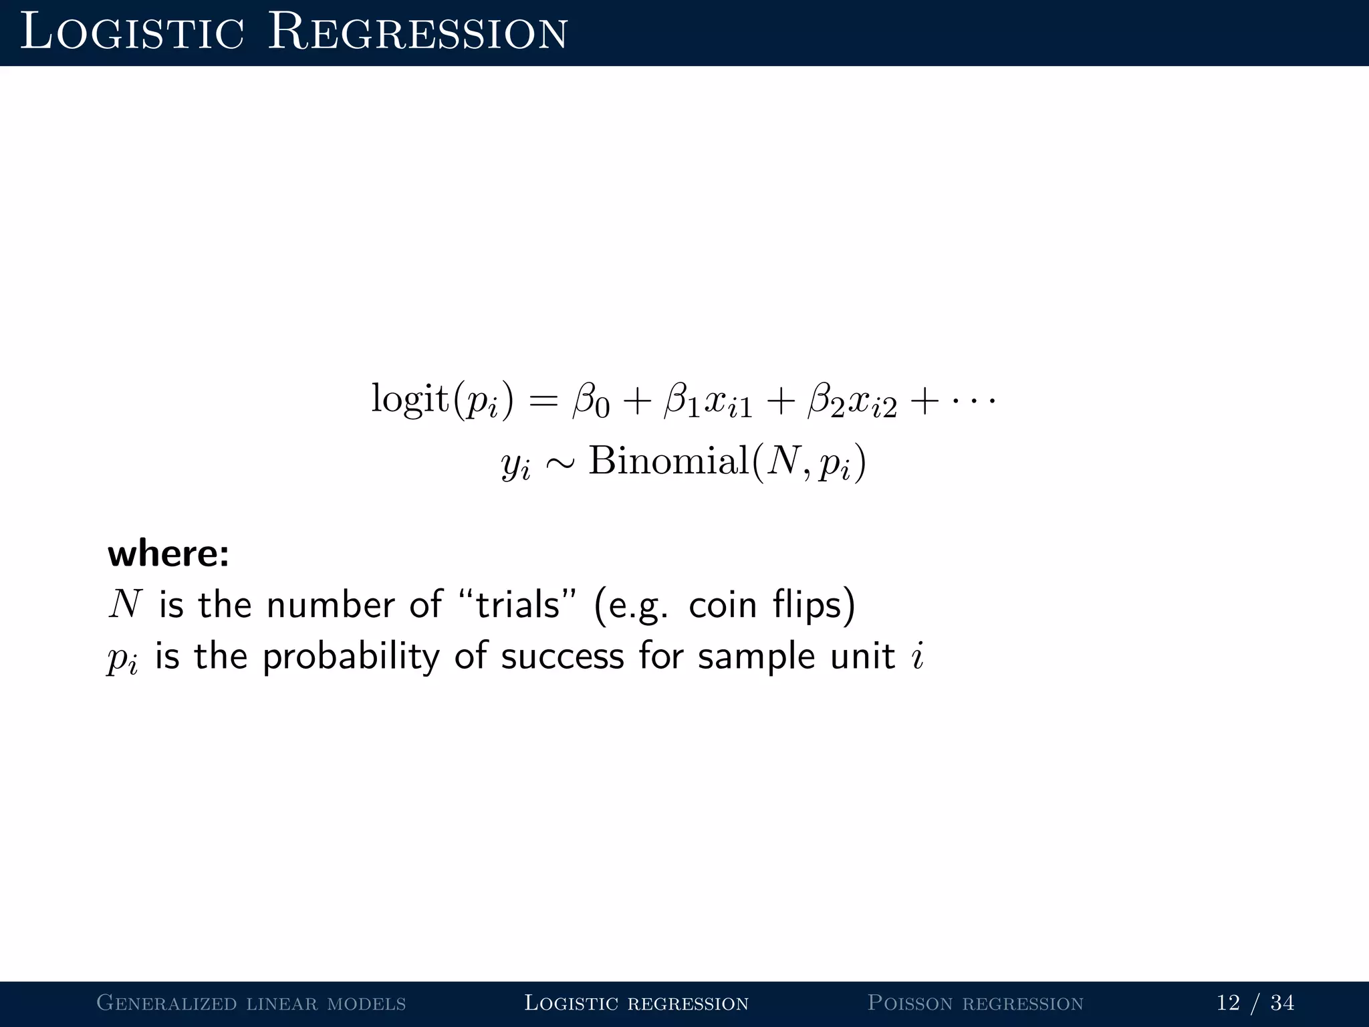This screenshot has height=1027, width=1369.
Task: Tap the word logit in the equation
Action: [x=410, y=398]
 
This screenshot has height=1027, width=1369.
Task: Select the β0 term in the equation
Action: [x=592, y=401]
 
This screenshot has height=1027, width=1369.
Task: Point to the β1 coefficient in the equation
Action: [x=682, y=401]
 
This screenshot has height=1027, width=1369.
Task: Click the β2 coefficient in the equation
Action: [x=826, y=401]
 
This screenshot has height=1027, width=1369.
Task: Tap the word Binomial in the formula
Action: [x=668, y=461]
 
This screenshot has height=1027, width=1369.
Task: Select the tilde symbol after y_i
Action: [x=559, y=463]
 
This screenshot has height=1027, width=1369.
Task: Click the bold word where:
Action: [x=168, y=554]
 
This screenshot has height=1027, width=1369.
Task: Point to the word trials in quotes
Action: [x=517, y=604]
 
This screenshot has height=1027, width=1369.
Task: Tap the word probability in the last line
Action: [x=351, y=657]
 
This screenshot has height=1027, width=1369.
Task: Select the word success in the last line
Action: [x=562, y=657]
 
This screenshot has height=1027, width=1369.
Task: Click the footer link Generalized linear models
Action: [x=251, y=1003]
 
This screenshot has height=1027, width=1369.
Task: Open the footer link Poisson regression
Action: [x=975, y=1003]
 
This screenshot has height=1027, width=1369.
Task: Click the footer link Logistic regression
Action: [x=636, y=1003]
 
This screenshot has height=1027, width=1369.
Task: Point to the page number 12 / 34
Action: [x=1255, y=1003]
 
